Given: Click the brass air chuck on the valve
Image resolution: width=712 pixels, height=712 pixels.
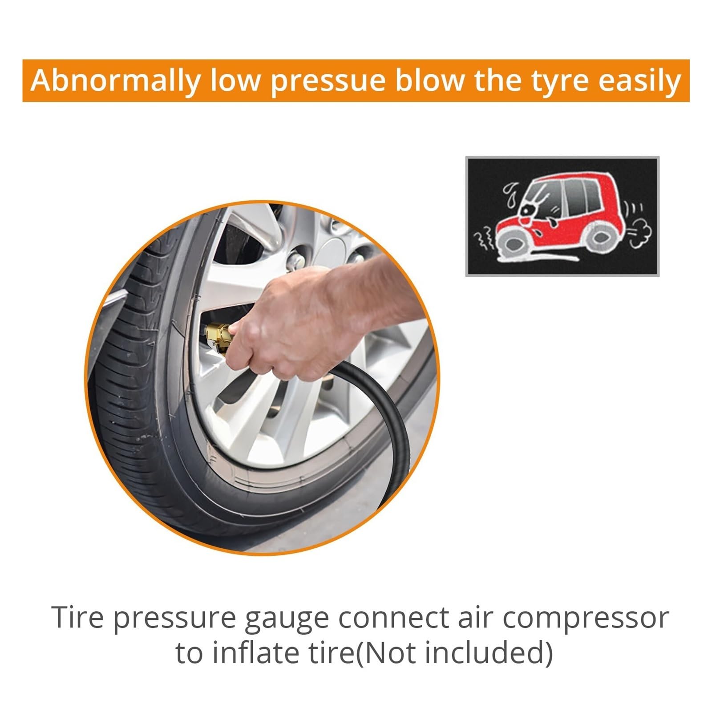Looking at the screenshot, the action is tap(218, 338).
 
